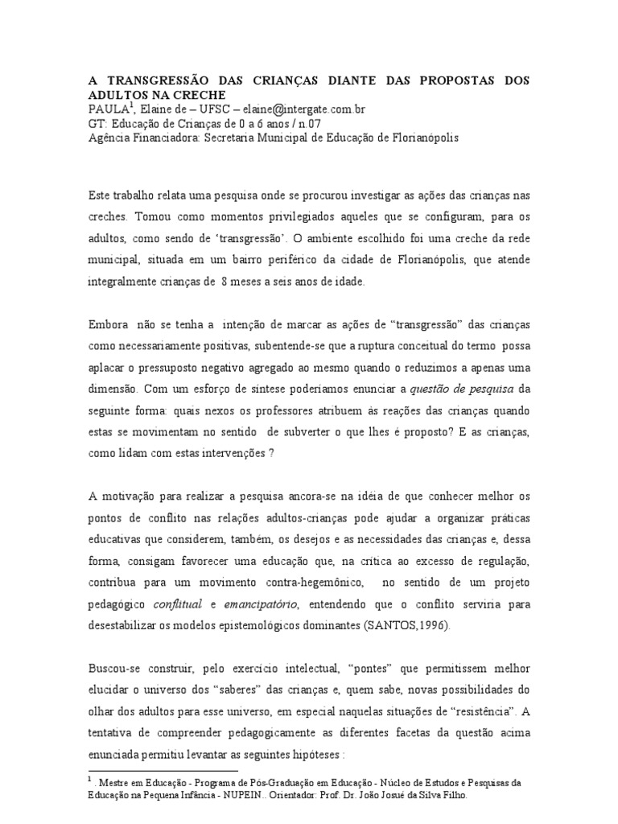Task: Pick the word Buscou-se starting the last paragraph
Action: point(113,666)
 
